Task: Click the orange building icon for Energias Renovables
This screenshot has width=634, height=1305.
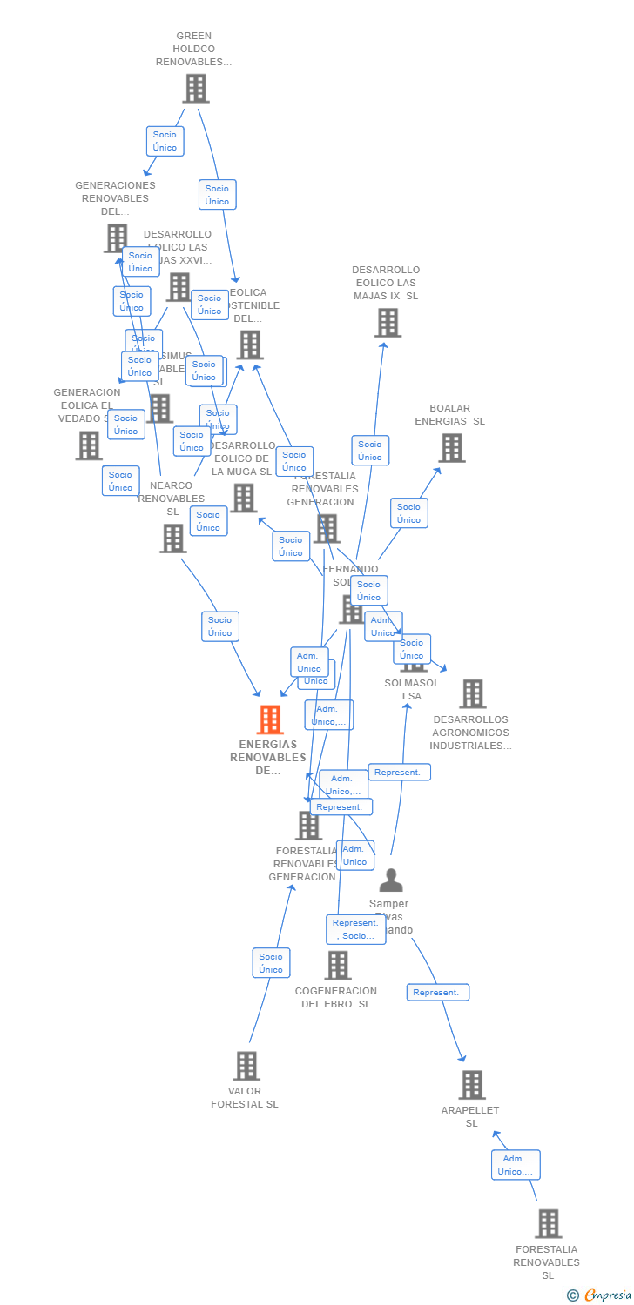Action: click(270, 719)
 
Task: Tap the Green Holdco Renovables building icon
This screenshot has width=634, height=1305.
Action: click(196, 88)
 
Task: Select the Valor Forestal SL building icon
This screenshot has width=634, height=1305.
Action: click(246, 1066)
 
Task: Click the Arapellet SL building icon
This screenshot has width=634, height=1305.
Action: click(472, 1085)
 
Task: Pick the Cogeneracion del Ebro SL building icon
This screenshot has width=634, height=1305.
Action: click(338, 965)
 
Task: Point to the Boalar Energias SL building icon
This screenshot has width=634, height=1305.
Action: click(451, 448)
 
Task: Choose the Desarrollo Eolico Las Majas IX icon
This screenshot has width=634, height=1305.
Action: click(387, 323)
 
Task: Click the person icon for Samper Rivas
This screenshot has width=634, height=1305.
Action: click(391, 880)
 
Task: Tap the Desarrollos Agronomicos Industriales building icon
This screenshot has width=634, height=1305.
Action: click(472, 694)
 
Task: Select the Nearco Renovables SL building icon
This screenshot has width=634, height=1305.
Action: click(172, 539)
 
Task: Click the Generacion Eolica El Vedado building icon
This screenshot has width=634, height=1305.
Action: click(89, 445)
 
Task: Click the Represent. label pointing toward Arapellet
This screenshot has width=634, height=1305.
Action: click(437, 993)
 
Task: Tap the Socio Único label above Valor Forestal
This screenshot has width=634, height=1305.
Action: click(271, 963)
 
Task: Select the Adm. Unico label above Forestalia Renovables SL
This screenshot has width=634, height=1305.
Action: click(515, 1165)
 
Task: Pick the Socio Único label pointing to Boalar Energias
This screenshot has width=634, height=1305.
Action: click(408, 513)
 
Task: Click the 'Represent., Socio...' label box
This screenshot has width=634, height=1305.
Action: click(355, 929)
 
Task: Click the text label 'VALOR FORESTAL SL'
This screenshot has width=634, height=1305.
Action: click(245, 1098)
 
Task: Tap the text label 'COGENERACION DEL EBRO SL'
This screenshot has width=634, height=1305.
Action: click(336, 998)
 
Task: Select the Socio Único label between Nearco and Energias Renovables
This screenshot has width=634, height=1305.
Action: click(220, 626)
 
